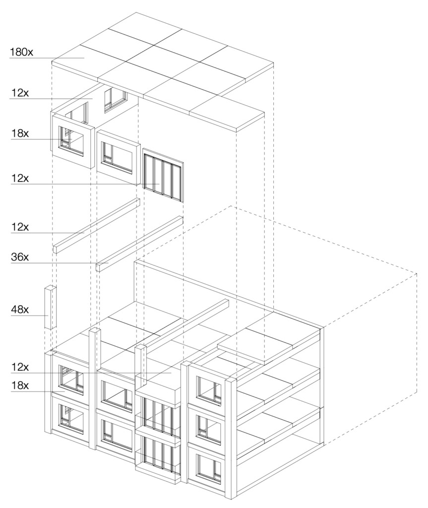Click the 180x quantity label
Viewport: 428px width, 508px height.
click(21, 52)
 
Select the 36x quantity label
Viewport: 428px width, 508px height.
click(20, 257)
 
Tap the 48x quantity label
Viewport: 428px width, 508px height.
click(20, 310)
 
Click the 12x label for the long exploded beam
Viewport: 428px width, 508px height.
click(20, 227)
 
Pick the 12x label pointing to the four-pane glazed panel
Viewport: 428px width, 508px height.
click(20, 178)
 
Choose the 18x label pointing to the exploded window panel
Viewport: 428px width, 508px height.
click(20, 133)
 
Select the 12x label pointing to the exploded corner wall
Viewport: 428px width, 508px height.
click(20, 93)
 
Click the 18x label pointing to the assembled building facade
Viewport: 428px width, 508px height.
click(20, 385)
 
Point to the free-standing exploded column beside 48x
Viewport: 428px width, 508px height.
click(50, 308)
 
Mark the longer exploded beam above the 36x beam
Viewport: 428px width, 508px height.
click(96, 225)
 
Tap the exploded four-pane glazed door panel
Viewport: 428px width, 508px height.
click(163, 175)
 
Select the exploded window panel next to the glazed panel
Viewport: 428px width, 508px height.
click(118, 153)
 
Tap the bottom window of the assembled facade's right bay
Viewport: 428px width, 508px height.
click(209, 469)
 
